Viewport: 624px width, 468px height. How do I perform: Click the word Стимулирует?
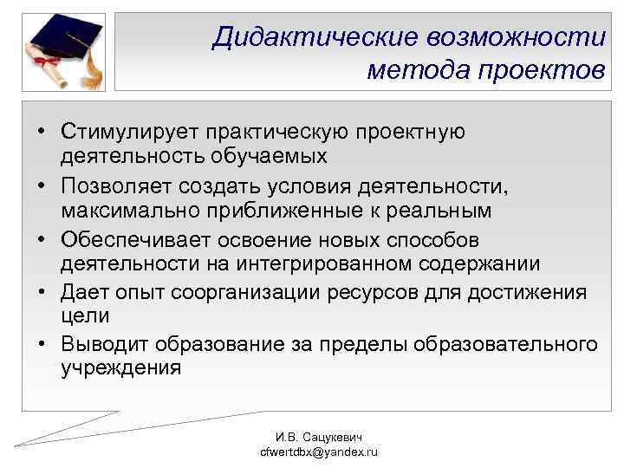click(130, 132)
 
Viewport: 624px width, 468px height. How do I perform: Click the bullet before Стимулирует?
click(42, 132)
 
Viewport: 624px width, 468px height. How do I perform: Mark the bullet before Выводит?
click(42, 345)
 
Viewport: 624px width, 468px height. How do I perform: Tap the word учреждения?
click(121, 367)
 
